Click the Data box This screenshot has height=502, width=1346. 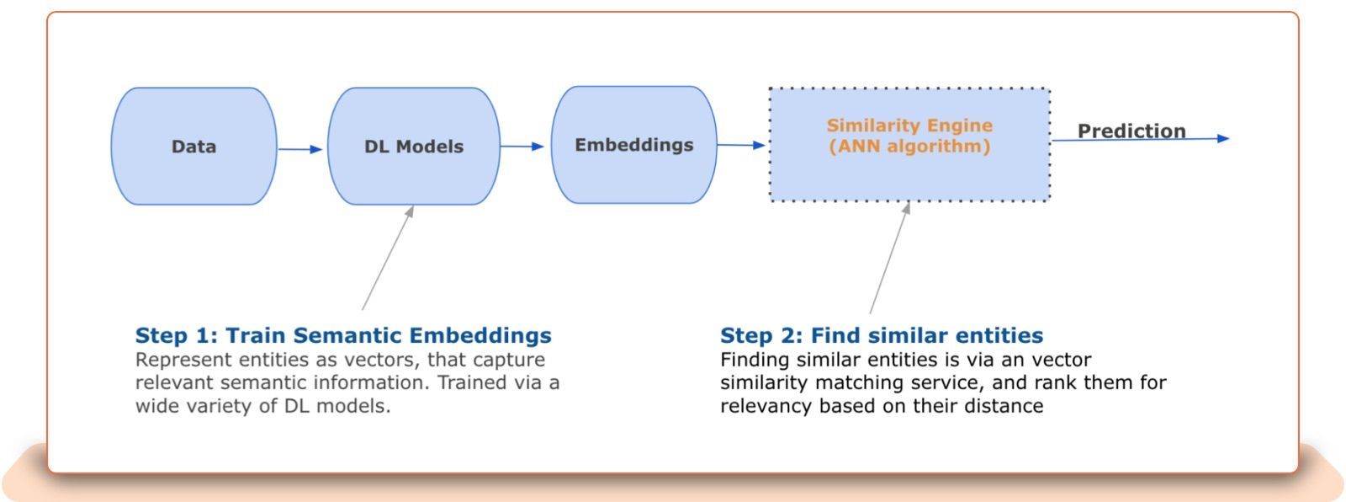(x=193, y=146)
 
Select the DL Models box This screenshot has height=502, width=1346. (x=413, y=146)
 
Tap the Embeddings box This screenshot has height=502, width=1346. (x=633, y=144)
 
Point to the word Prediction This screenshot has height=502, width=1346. (x=1131, y=131)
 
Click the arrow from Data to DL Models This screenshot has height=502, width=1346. (x=300, y=149)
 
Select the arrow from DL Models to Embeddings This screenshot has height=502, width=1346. (x=522, y=147)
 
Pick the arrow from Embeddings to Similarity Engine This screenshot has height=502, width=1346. (x=741, y=145)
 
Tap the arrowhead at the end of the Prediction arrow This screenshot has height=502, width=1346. (x=1223, y=138)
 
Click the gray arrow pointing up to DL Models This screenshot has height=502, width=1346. (x=388, y=258)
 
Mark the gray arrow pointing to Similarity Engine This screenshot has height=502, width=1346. (x=889, y=258)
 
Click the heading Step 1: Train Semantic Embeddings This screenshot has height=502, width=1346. (x=343, y=335)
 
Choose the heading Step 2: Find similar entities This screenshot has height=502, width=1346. (x=882, y=335)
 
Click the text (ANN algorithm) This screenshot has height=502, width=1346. (x=909, y=147)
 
